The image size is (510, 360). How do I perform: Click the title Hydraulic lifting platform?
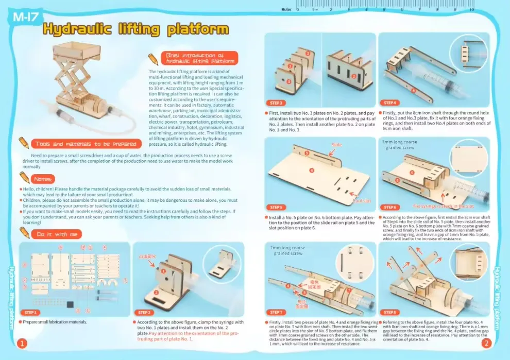coord(135,29)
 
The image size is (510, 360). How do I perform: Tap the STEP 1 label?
coord(30,312)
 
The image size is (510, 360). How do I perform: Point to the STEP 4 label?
coord(390,102)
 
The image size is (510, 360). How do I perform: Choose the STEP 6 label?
coord(390,207)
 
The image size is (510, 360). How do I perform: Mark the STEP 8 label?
coord(390,312)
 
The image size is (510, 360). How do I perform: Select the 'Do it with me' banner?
coord(56,234)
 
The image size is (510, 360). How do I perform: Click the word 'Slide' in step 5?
coord(337,145)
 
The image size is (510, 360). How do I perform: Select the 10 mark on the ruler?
coord(472,9)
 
